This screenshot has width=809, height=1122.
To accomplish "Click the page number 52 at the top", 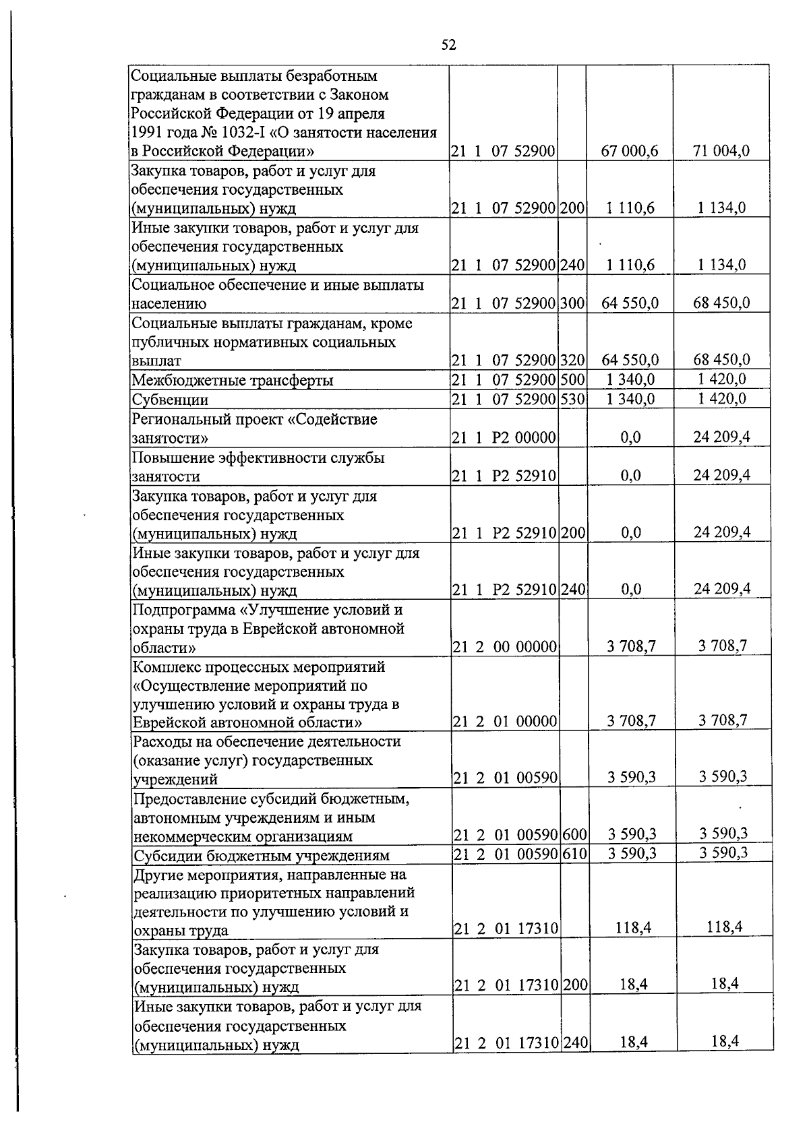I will click(448, 45).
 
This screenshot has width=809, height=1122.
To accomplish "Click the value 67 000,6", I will click(630, 152).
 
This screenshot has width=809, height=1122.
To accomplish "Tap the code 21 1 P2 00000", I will click(504, 438).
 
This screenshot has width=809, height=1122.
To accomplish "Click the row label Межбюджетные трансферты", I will click(233, 381).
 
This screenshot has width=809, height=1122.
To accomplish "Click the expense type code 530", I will click(572, 399).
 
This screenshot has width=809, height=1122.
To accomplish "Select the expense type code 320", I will click(572, 361).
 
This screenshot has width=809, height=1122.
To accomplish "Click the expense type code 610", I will click(574, 854).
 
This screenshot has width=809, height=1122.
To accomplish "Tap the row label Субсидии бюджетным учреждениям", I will click(262, 856).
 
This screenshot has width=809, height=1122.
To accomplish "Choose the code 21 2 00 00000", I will click(505, 647).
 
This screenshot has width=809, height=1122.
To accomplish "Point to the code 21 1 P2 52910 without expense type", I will click(504, 476).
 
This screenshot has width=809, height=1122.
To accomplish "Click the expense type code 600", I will click(574, 836).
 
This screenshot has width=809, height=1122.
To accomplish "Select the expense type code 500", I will click(572, 379).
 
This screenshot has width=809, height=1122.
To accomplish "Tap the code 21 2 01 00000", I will click(505, 722).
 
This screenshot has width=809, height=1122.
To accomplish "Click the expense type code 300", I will click(572, 303).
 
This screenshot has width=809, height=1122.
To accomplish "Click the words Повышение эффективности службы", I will click(258, 458).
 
